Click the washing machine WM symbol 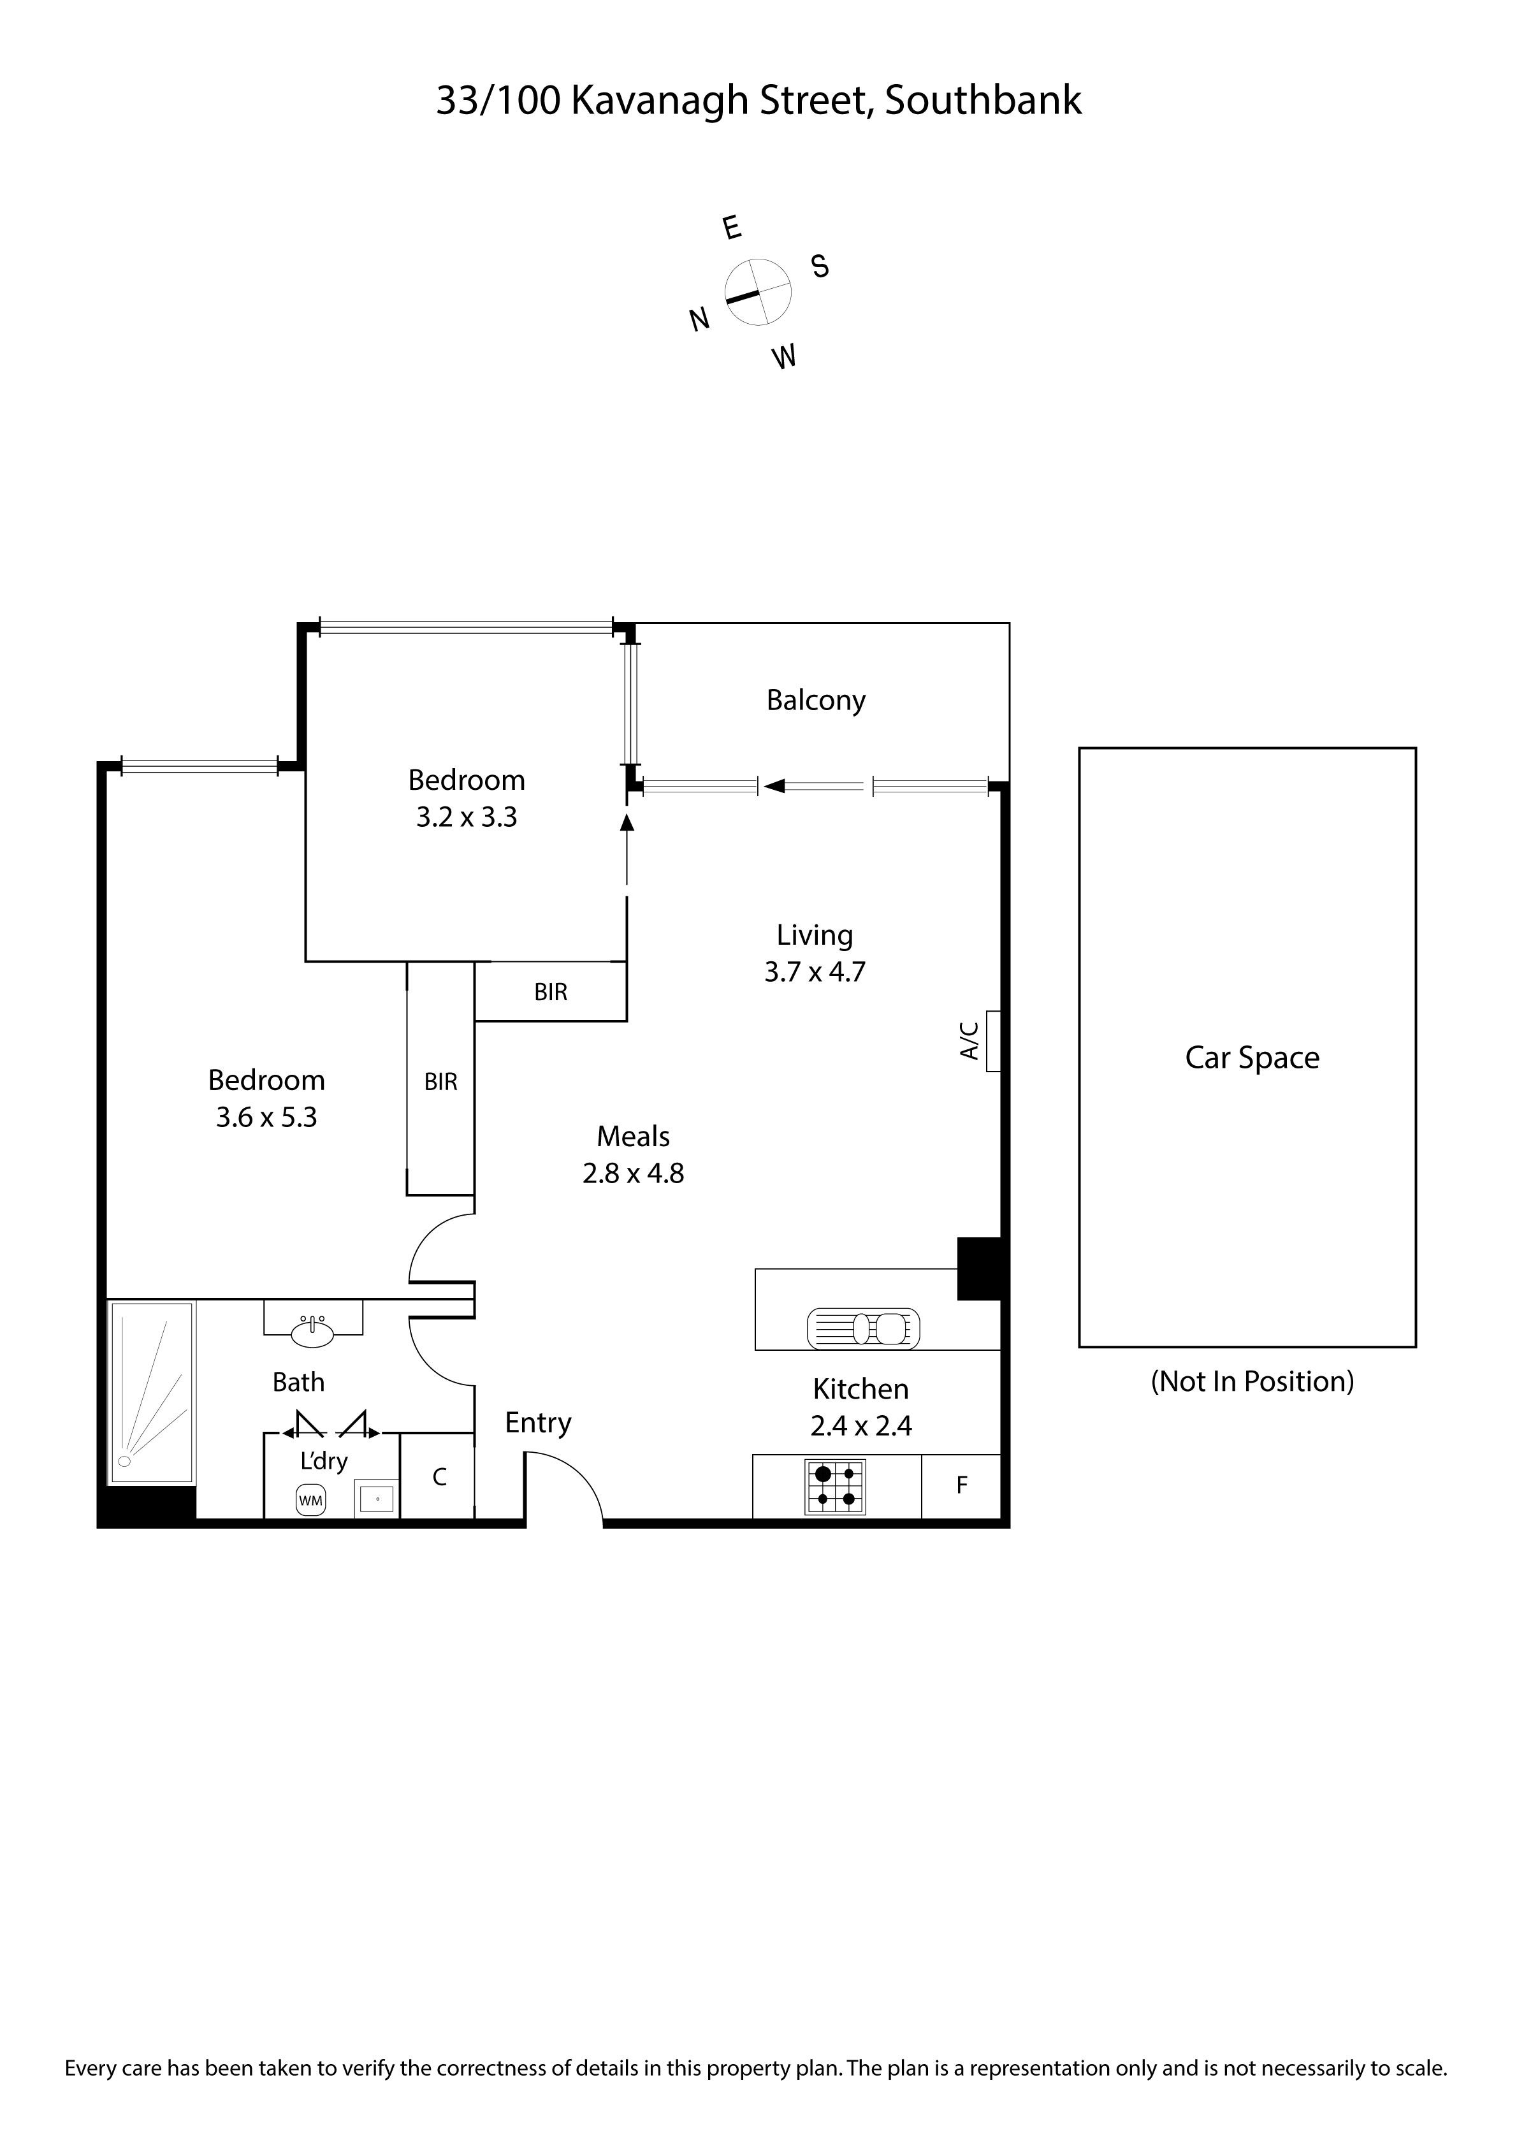pyautogui.click(x=310, y=1501)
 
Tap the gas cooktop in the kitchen pyautogui.click(x=835, y=1486)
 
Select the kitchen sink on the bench pyautogui.click(x=862, y=1328)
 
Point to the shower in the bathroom pyautogui.click(x=152, y=1392)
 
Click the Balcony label pyautogui.click(x=816, y=701)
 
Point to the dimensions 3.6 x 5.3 pyautogui.click(x=266, y=1117)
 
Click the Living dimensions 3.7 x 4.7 pyautogui.click(x=815, y=973)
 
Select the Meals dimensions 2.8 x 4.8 pyautogui.click(x=633, y=1174)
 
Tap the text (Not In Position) pyautogui.click(x=1252, y=1381)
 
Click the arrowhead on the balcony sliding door pyautogui.click(x=773, y=787)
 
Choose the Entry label pyautogui.click(x=538, y=1423)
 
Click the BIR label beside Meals pyautogui.click(x=440, y=1082)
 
